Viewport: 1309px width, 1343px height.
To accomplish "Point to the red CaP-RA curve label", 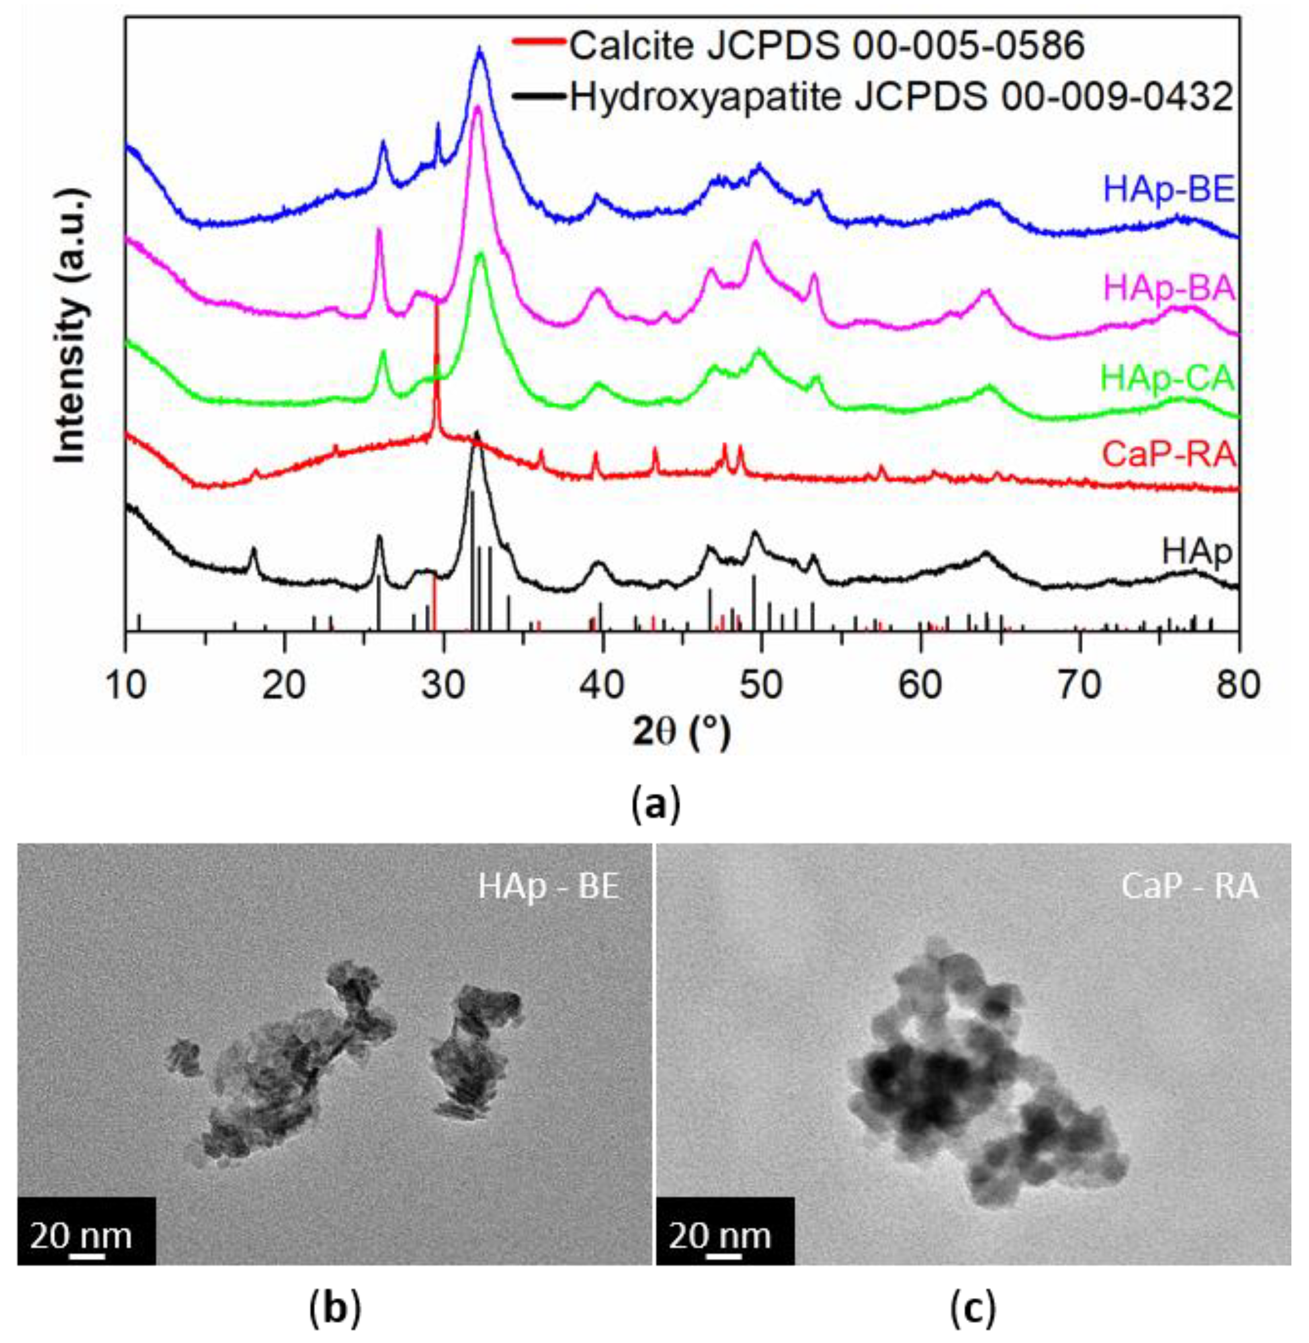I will tap(1169, 455).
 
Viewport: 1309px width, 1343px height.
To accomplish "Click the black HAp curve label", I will tap(1196, 552).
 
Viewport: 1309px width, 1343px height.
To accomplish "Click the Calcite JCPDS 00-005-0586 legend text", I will tap(827, 46).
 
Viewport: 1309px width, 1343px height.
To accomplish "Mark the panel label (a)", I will tap(655, 803).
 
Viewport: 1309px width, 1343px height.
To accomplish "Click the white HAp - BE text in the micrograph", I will tap(549, 887).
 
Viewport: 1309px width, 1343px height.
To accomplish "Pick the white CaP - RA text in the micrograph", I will tap(1189, 887).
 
